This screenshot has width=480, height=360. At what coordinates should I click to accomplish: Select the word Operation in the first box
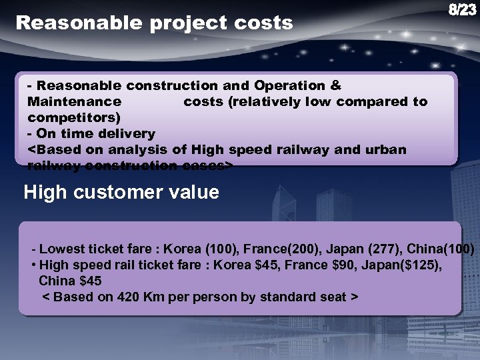(x=291, y=86)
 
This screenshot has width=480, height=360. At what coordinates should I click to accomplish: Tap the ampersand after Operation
(x=335, y=86)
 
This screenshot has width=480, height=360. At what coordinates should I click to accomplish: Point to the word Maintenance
(x=74, y=102)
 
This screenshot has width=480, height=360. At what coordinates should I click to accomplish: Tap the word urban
(x=386, y=149)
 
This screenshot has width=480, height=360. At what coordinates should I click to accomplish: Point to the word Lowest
(x=63, y=249)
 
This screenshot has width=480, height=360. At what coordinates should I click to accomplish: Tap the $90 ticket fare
(x=329, y=265)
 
